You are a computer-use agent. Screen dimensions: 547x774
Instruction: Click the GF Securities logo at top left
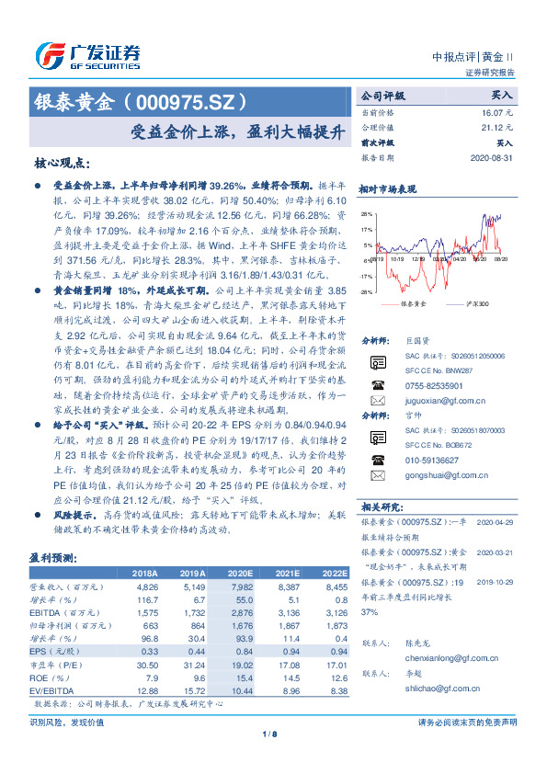[87, 55]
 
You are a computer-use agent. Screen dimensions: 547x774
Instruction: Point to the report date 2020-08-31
[493, 158]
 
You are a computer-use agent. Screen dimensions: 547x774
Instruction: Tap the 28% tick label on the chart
[366, 213]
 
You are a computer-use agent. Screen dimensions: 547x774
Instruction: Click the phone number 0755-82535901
[428, 384]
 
